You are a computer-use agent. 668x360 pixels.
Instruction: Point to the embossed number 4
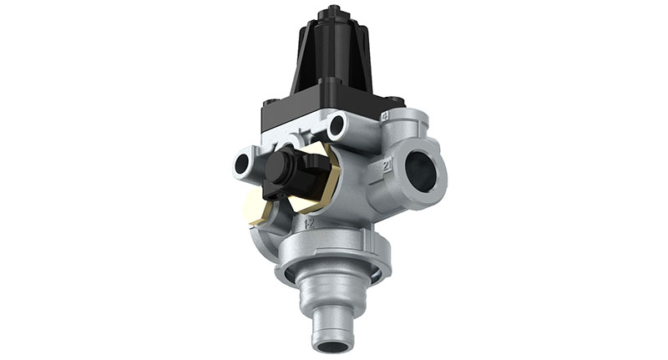pyautogui.click(x=386, y=117)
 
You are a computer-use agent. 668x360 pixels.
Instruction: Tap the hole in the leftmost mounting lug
pyautogui.click(x=242, y=164)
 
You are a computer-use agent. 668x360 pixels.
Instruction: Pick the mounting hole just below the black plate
pyautogui.click(x=337, y=128)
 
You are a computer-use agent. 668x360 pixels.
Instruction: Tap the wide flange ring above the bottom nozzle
pyautogui.click(x=332, y=267)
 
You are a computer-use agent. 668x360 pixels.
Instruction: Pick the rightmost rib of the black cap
pyautogui.click(x=367, y=63)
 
